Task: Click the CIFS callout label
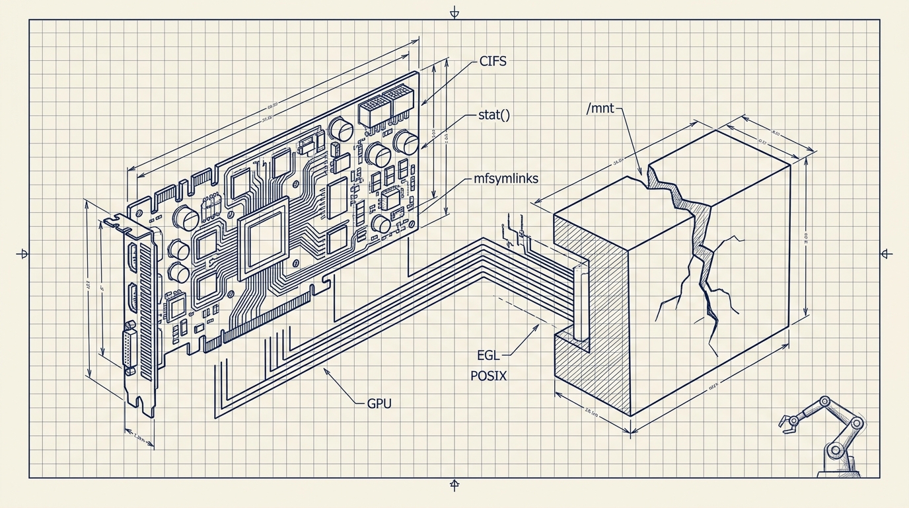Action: [492, 63]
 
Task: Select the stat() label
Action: [494, 115]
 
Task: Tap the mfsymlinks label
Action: [506, 179]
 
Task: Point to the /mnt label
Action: [599, 107]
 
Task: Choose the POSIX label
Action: [489, 376]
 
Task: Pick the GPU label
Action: [379, 403]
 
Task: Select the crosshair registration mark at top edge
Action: [454, 13]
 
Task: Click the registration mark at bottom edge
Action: [454, 485]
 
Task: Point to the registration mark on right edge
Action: [887, 253]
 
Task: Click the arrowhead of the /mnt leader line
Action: [640, 173]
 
